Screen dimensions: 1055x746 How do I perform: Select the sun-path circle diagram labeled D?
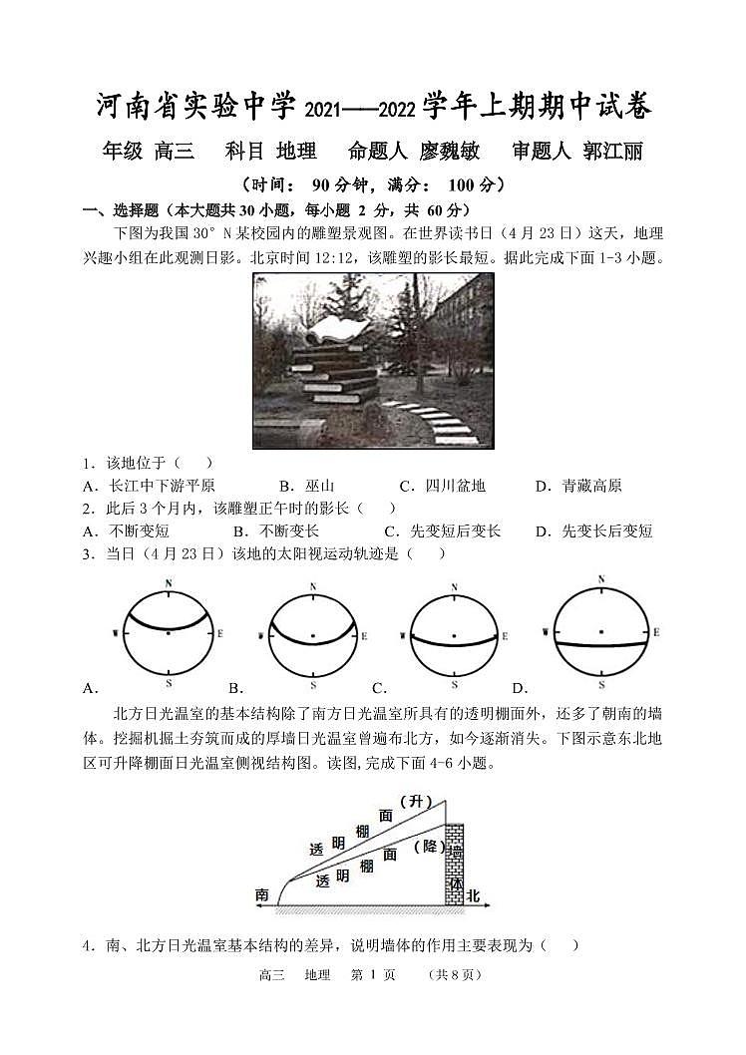[600, 632]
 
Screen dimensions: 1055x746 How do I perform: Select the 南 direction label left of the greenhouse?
[261, 895]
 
